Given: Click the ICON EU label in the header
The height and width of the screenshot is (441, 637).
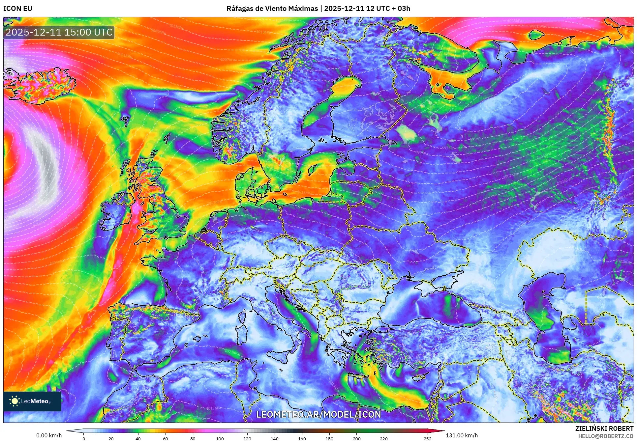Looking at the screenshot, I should tap(18, 9).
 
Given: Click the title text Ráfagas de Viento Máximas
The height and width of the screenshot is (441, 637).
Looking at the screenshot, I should tap(272, 9).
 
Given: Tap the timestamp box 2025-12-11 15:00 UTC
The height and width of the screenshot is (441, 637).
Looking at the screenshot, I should tap(59, 32).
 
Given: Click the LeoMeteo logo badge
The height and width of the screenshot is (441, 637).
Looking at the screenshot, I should tap(32, 401).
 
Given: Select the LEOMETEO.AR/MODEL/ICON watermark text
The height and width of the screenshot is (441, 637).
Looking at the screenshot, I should tap(318, 414).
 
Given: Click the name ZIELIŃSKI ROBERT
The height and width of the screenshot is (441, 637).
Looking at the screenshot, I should tap(604, 428).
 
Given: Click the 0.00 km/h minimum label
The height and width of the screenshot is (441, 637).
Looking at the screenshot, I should tap(49, 435).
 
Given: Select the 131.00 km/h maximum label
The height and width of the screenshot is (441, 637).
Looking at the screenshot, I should tap(462, 435).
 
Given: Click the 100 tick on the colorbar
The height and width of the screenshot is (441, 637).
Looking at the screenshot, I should tap(220, 438).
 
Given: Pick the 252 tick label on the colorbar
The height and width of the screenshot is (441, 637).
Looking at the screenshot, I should tap(427, 438).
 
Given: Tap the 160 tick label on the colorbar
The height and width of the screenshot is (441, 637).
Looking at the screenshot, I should tap(302, 438).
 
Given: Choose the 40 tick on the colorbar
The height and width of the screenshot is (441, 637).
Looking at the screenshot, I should tap(138, 438).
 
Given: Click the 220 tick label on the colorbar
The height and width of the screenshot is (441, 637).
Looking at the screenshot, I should tap(383, 438).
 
